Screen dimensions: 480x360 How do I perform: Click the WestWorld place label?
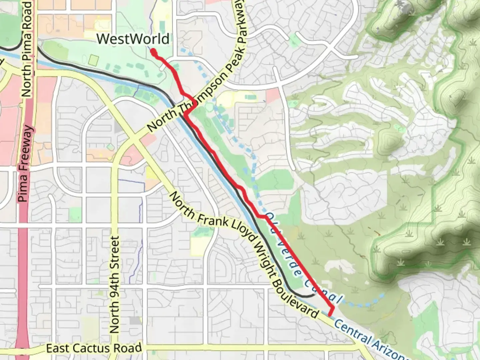coord(133,39)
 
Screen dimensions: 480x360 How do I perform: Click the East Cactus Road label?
coord(94,349)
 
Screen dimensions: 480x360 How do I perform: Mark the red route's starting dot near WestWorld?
coord(154,52)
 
